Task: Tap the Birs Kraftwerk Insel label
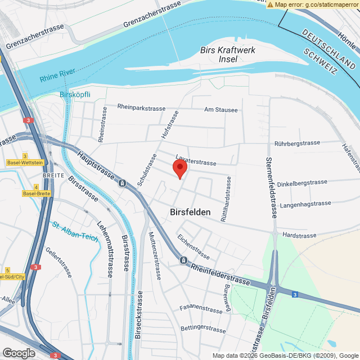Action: pyautogui.click(x=228, y=55)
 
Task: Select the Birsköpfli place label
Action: pyautogui.click(x=75, y=94)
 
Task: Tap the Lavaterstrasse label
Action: pyautogui.click(x=196, y=161)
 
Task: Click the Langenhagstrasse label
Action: pyautogui.click(x=305, y=204)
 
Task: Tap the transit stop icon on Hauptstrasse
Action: pyautogui.click(x=122, y=183)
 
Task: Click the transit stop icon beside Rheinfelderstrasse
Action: pyautogui.click(x=183, y=260)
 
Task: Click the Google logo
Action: pyautogui.click(x=18, y=353)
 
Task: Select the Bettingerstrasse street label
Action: pyautogui.click(x=202, y=328)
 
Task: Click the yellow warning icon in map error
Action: pyautogui.click(x=271, y=4)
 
